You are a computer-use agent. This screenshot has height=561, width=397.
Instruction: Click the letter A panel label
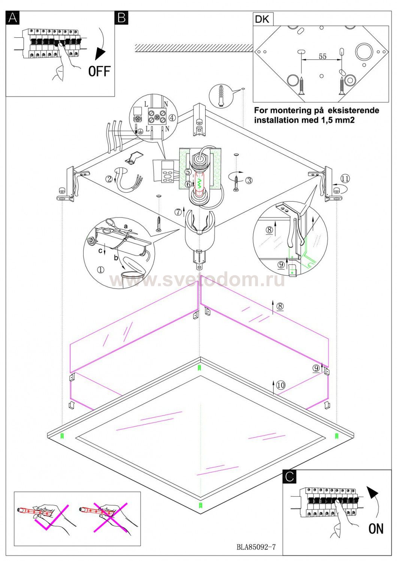pos(12,18)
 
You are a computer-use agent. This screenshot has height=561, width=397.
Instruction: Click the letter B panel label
pos(122,18)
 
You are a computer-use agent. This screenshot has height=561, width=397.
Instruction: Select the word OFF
pos(99,71)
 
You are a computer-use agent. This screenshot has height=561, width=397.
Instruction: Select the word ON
pos(376,529)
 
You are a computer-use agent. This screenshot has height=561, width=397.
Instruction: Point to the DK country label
pos(262,19)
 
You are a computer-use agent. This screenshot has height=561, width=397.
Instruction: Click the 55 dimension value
pos(322,56)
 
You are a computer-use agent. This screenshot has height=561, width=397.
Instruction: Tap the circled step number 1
pos(101,270)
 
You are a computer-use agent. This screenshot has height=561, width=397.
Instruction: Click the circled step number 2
pos(109,179)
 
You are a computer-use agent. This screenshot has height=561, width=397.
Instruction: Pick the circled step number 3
pos(249,180)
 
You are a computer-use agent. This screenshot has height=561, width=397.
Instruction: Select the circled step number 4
pos(172,117)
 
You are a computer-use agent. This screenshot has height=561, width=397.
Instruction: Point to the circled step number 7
pos(178,212)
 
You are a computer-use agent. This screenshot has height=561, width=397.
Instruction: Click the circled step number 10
pos(281,385)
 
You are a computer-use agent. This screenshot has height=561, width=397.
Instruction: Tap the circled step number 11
pos(345,178)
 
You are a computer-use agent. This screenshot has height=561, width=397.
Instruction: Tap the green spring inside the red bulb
pos(200,185)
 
